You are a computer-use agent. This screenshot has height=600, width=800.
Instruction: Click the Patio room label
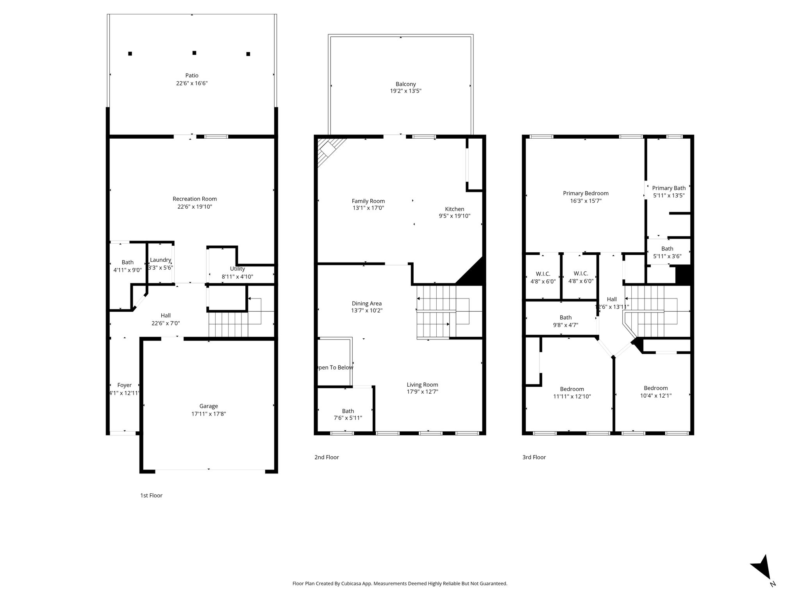[x=192, y=75]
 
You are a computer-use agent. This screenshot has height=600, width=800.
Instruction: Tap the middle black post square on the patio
[x=194, y=53]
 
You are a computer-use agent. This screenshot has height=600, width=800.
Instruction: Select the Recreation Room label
[x=195, y=199]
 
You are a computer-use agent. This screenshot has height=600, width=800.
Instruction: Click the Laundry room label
[x=161, y=260]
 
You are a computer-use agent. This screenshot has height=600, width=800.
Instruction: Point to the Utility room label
[x=237, y=269]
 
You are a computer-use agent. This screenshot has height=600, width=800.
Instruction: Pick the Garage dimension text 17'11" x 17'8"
[x=209, y=414]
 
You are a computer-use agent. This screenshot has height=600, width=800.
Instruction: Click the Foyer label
[x=125, y=385]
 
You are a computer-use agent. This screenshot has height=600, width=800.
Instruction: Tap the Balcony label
[x=405, y=84]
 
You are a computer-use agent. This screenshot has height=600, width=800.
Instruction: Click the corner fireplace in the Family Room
[x=330, y=150]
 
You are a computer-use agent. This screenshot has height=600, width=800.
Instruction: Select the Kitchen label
[x=455, y=209]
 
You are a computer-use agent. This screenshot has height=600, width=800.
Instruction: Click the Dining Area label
[x=367, y=304]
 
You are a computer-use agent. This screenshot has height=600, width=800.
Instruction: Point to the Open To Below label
[x=335, y=368]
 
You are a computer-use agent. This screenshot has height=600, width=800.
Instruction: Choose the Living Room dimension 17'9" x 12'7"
[x=422, y=392]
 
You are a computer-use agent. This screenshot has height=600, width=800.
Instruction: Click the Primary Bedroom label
[x=586, y=193]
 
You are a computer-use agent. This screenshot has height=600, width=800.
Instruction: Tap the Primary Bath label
[x=669, y=188]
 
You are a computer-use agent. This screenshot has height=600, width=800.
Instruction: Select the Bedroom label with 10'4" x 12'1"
[x=656, y=388]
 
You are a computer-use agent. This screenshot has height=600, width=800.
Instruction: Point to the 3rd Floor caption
[x=534, y=457]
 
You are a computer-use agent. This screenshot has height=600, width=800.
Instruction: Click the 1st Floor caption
[x=151, y=495]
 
